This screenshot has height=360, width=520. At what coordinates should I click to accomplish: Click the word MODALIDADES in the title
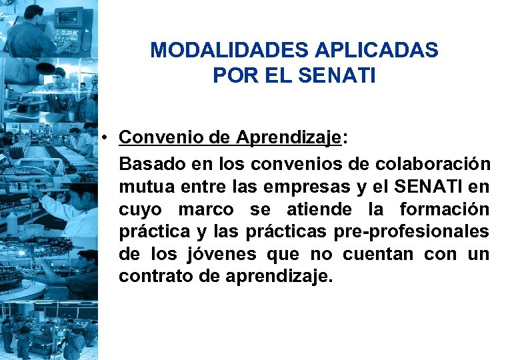coord(217,51)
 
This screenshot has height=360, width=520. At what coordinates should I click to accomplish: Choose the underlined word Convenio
coord(160,138)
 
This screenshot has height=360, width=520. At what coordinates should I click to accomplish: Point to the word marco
coord(206,209)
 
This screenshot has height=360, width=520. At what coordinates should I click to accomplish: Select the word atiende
coord(319,209)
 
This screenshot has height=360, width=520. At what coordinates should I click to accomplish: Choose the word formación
coord(444,209)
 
